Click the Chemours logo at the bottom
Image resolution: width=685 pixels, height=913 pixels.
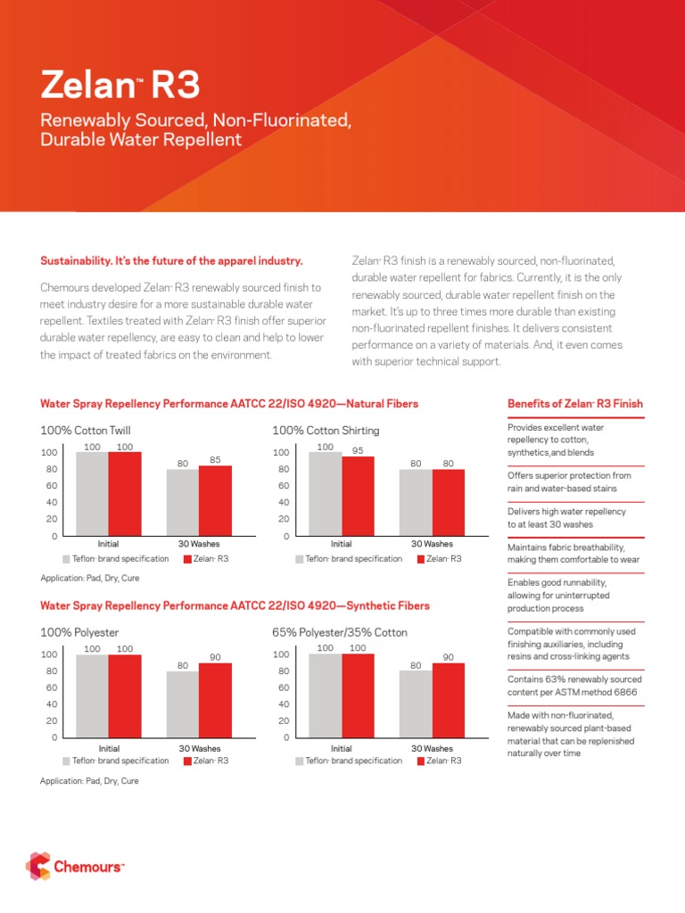[76, 865]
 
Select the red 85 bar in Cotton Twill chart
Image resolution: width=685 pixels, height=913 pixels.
[215, 500]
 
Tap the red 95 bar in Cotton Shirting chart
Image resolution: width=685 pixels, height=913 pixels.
[359, 496]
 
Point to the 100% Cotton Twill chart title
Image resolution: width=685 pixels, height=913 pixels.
[86, 431]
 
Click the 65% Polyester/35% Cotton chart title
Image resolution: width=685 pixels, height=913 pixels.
[340, 632]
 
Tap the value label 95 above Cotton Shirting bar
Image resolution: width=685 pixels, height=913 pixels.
[359, 450]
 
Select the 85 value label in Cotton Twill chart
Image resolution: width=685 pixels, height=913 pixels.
[215, 459]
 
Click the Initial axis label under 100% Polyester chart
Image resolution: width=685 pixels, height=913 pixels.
[109, 749]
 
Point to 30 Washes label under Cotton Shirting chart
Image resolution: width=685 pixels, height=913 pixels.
[432, 543]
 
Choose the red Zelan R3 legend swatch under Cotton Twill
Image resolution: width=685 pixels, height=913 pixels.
[187, 559]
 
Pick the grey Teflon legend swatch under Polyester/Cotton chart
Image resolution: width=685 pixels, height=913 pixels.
[300, 761]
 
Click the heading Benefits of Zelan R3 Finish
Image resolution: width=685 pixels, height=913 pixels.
[574, 404]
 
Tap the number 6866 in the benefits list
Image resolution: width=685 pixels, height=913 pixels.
[624, 693]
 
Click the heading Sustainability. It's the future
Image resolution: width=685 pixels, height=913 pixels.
[172, 261]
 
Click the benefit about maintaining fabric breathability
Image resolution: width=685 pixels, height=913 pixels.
[566, 553]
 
